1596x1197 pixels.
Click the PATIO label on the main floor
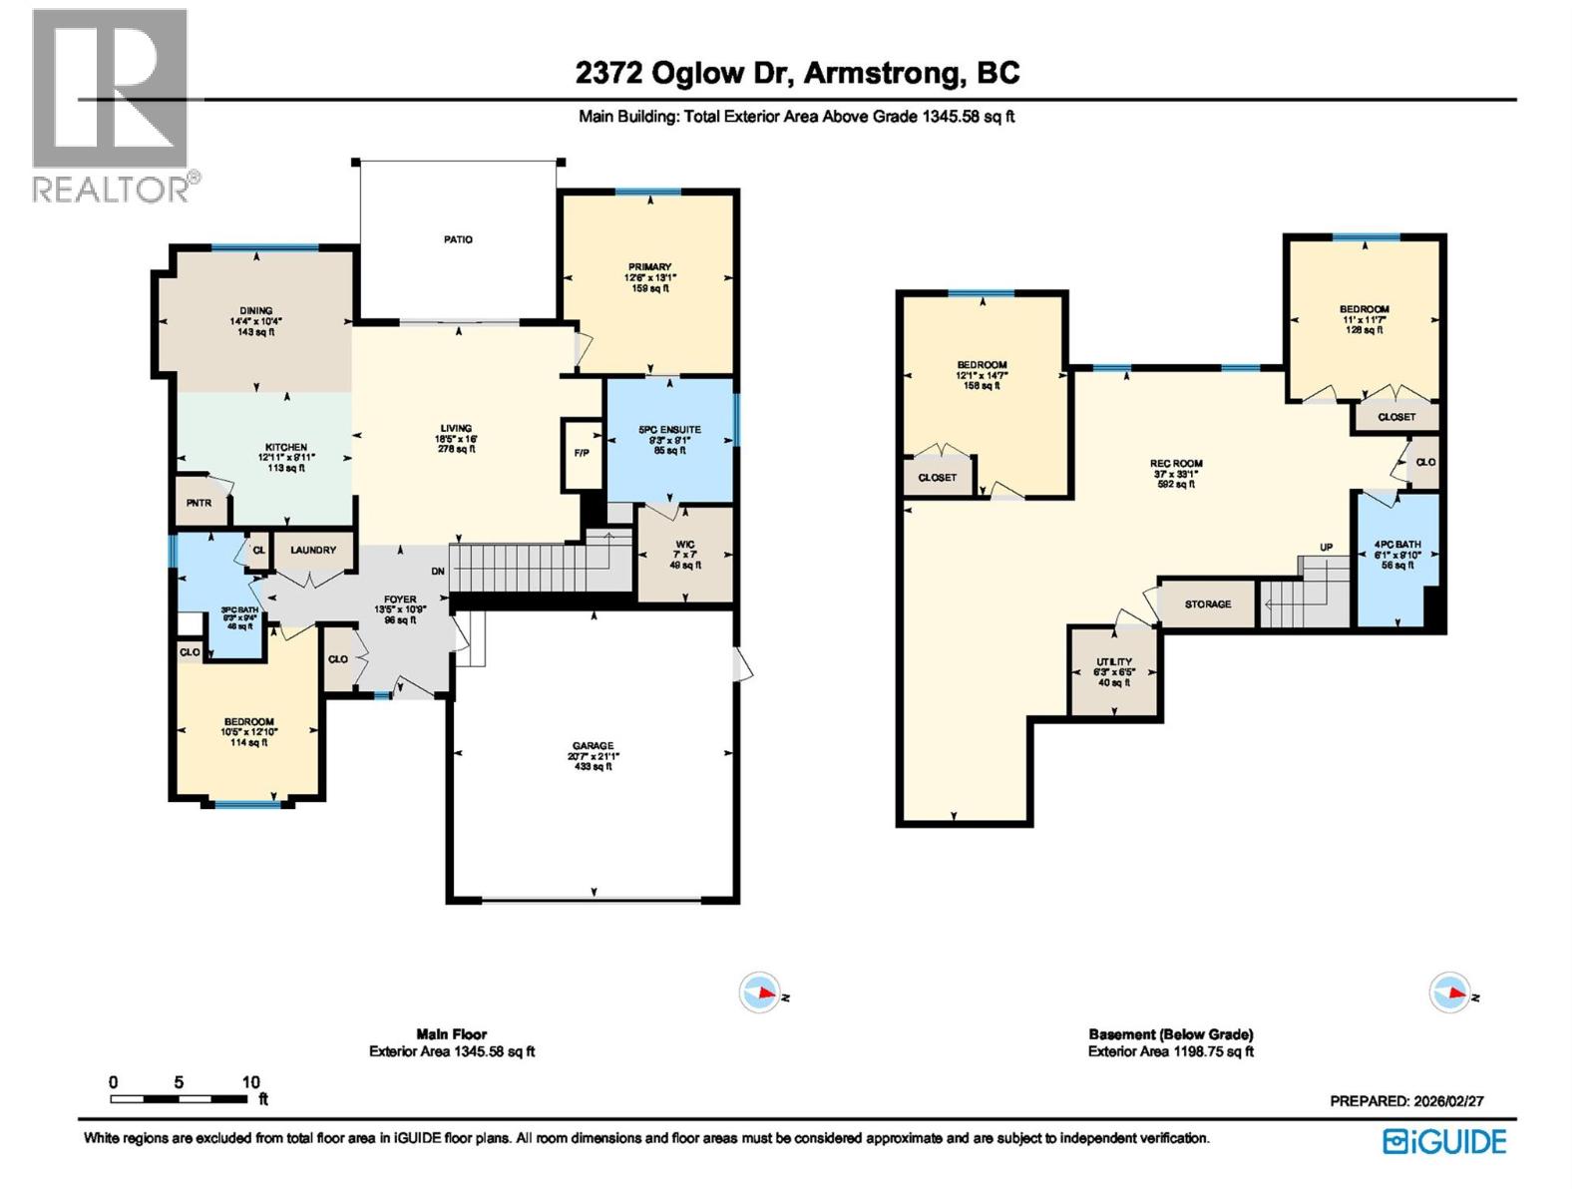pos(458,239)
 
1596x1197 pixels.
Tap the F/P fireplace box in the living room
pos(582,454)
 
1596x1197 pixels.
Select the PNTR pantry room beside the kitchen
pos(199,504)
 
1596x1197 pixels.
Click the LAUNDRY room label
pos(313,551)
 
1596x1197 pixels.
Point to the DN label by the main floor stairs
pos(438,572)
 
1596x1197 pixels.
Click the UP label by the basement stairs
pos(1326,548)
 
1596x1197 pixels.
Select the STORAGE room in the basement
pos(1207,604)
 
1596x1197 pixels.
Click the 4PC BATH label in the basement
pos(1396,546)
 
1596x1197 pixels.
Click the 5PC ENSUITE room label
pos(669,430)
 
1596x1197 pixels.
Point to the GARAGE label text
pos(593,746)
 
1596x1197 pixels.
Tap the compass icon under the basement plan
pos(1449,994)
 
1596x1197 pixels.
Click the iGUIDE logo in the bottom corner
pos(1444,1141)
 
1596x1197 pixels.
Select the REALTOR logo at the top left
pos(112,105)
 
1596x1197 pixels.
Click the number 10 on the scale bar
pos(250,1082)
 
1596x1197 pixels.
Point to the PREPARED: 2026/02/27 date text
pos(1406,1101)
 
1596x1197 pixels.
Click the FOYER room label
pos(400,600)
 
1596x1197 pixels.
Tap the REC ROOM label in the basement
pos(1176,464)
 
